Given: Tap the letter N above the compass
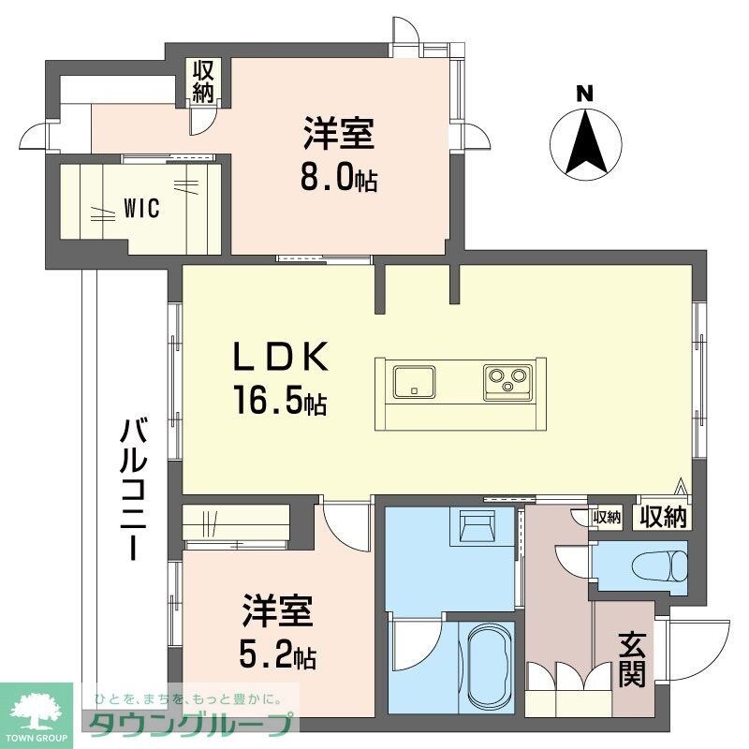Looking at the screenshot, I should [584, 94].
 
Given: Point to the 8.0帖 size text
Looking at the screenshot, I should [338, 178].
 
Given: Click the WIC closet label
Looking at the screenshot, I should [141, 208].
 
